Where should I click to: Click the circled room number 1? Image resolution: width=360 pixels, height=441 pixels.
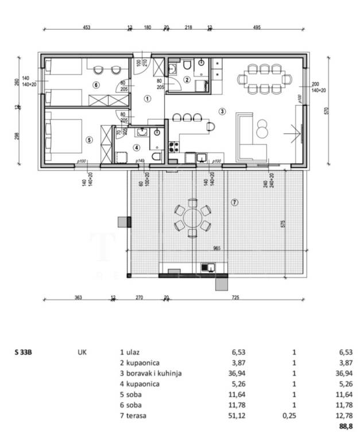coord(148,99)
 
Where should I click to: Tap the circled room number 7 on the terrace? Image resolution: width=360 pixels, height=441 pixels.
coord(234,202)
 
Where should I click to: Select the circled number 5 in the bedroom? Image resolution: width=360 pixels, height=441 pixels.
coord(89,139)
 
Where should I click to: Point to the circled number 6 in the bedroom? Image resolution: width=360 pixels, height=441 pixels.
coord(96,85)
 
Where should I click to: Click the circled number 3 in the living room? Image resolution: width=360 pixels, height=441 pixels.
coord(222,111)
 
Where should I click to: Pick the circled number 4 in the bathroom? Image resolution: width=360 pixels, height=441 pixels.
coord(136,147)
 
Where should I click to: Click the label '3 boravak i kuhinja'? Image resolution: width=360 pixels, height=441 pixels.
coord(150,373)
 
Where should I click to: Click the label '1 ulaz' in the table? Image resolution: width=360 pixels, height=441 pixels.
coord(131,352)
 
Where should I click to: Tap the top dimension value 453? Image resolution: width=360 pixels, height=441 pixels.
coord(87,27)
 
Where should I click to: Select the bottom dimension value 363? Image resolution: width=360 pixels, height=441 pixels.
coord(79,297)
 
